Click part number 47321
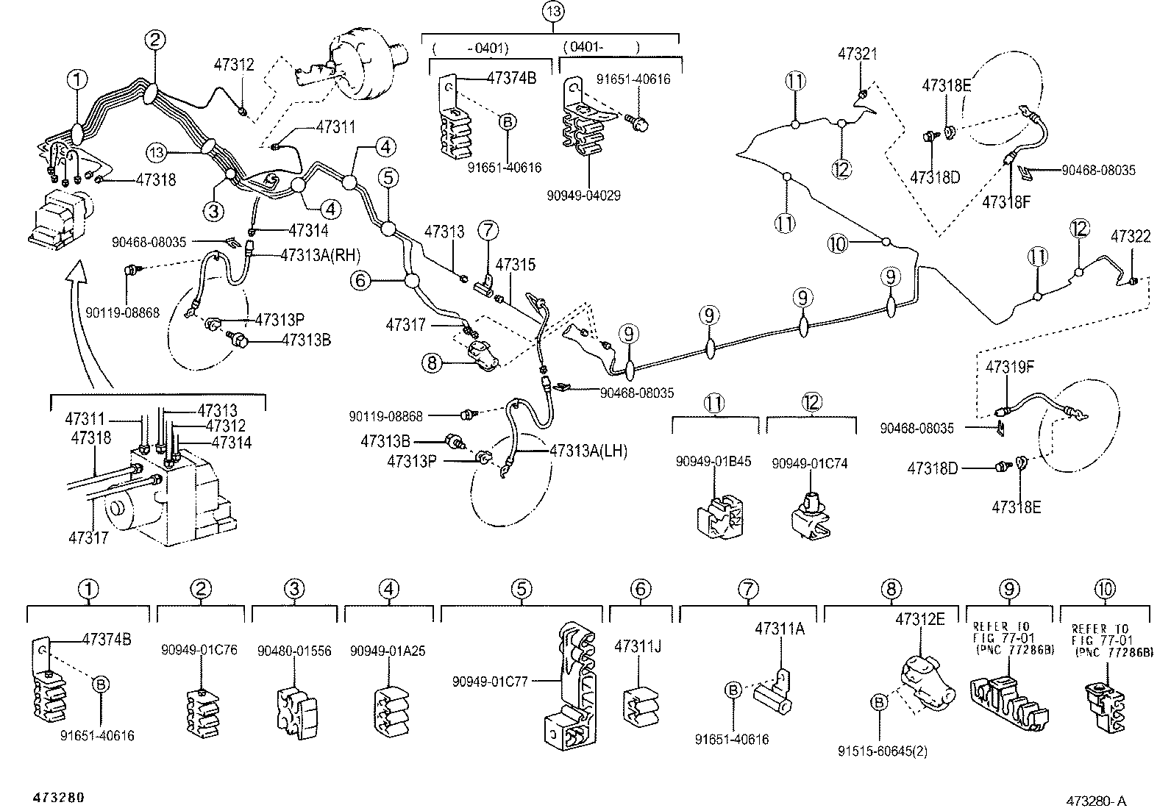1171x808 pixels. tap(858, 54)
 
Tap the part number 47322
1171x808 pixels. tap(1131, 237)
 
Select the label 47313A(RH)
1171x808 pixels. tap(321, 255)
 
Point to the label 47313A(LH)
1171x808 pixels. tap(588, 451)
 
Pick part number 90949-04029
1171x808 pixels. tap(583, 196)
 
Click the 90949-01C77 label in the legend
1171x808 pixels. tap(500, 682)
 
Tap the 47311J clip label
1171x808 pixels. tap(638, 646)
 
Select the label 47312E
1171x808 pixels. tap(920, 620)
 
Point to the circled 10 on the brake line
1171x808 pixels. tap(837, 242)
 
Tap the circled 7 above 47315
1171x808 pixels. tap(488, 230)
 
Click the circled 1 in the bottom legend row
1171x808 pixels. tap(88, 589)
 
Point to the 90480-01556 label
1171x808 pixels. tap(294, 651)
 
